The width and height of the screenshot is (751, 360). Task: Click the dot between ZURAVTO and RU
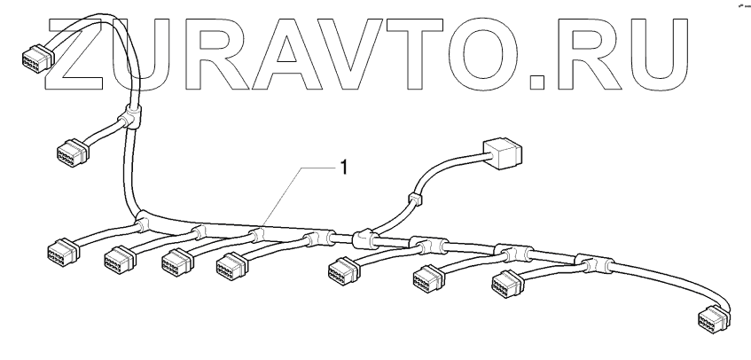pyautogui.click(x=542, y=86)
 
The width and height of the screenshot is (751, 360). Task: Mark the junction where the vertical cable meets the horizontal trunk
pyautogui.click(x=142, y=216)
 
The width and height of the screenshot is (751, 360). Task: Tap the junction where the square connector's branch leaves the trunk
pyautogui.click(x=361, y=237)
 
